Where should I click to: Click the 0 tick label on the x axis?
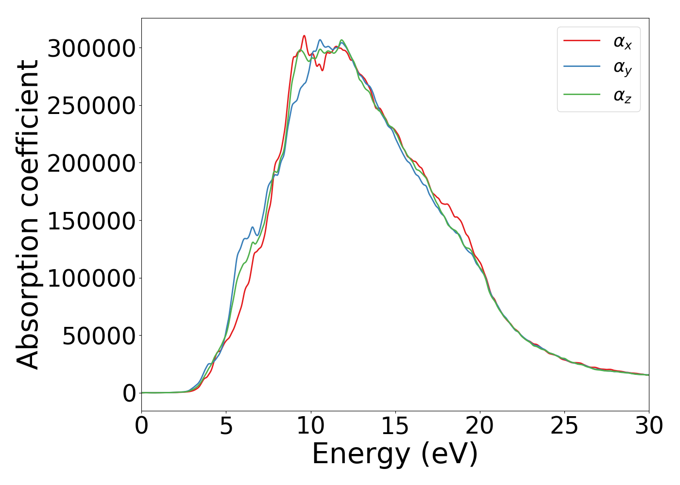coord(141,426)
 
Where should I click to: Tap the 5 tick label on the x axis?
coord(226,426)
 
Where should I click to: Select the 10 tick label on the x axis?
coord(310,426)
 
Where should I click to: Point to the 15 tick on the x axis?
coord(395,426)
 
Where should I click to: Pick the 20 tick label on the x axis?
coord(480,426)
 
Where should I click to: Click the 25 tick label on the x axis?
coord(564,426)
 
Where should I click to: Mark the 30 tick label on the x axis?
coord(649,426)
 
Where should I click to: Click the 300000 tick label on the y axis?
coord(91,48)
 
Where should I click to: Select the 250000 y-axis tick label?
coord(91,106)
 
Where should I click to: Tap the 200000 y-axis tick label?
coord(91,163)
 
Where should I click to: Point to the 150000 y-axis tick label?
coord(91,221)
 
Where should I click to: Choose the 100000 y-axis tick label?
coord(91,278)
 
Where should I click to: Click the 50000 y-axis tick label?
coord(99,336)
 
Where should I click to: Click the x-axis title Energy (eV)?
coord(395,454)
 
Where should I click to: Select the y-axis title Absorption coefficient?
coord(28,214)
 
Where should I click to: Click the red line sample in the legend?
coord(581,41)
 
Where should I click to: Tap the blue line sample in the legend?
coord(581,67)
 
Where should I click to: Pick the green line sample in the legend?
coord(581,95)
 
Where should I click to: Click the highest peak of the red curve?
coord(304,35)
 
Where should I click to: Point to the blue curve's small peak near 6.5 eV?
coord(253,227)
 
